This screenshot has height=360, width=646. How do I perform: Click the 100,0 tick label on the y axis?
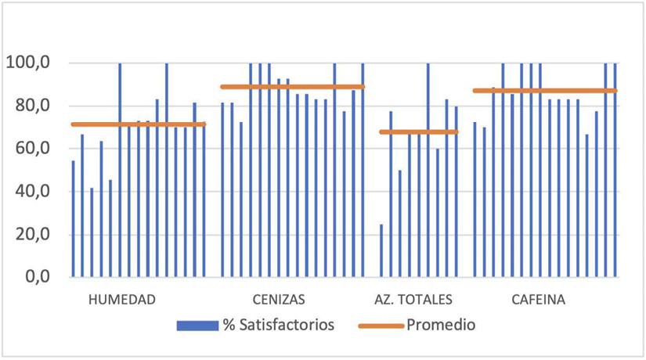pyautogui.click(x=27, y=63)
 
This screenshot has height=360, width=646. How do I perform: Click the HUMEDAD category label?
pyautogui.click(x=121, y=300)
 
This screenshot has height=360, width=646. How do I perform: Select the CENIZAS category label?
pyautogui.click(x=279, y=300)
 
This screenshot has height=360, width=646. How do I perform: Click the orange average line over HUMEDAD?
pyautogui.click(x=139, y=124)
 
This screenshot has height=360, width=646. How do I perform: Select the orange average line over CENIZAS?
pyautogui.click(x=293, y=87)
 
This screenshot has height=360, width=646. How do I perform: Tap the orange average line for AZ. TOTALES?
pyautogui.click(x=419, y=131)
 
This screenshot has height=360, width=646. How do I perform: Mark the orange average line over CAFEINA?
pyautogui.click(x=545, y=91)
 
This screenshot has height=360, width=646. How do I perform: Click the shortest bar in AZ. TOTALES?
pyautogui.click(x=381, y=250)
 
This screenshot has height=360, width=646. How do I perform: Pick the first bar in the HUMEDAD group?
pyautogui.click(x=74, y=219)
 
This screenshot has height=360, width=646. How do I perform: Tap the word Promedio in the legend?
pyautogui.click(x=441, y=324)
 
